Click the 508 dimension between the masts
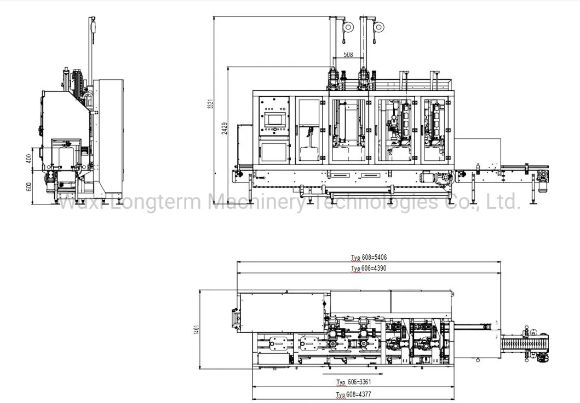(x=348, y=55)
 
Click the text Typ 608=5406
(x=369, y=258)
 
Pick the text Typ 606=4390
(x=369, y=268)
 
